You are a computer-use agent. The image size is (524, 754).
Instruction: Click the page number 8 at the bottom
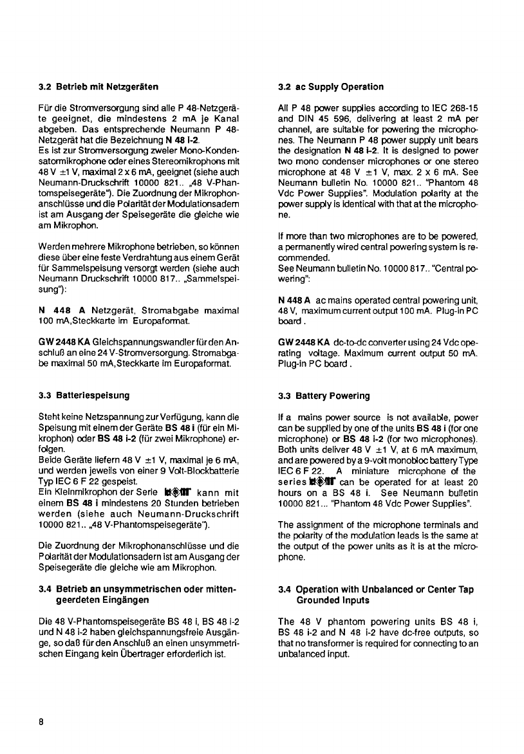41,721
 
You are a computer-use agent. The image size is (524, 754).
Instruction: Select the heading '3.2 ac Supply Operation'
331,86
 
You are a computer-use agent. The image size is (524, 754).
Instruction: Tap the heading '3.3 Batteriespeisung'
84,395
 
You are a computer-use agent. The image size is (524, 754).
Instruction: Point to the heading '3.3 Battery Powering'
324,396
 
